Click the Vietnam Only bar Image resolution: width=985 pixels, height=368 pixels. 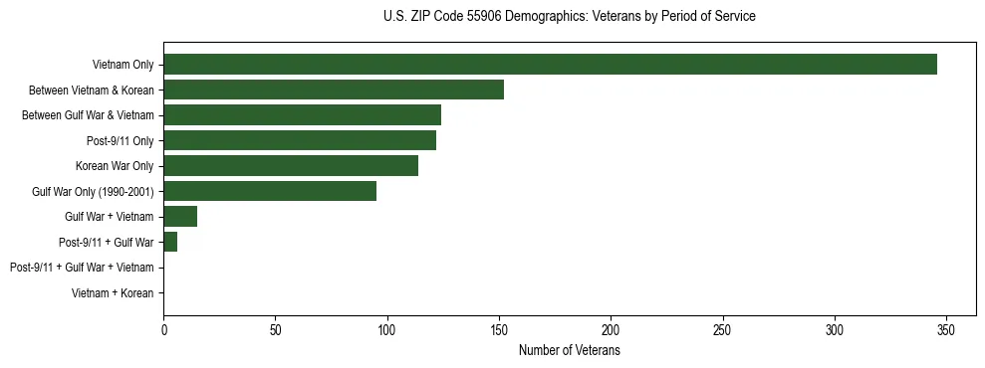pos(550,65)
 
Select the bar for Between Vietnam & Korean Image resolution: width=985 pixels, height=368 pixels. pos(334,90)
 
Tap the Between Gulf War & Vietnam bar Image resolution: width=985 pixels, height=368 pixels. pos(302,115)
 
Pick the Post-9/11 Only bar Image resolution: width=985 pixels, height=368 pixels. pos(300,140)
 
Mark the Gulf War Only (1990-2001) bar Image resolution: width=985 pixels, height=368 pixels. pos(270,191)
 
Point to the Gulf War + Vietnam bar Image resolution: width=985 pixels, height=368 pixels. pos(180,217)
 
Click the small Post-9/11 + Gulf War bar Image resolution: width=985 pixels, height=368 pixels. pos(170,242)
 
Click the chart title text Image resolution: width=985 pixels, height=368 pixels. pos(569,17)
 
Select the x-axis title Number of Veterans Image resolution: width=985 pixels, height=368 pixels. pos(569,350)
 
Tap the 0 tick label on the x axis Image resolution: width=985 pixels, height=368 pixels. pos(164,329)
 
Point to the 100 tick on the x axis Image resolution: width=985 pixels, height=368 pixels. pos(387,329)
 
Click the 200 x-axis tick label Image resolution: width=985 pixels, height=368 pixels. pos(611,329)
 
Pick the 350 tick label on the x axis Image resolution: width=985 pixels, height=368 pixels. pos(946,329)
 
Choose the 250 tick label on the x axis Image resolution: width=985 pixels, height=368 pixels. pos(723,329)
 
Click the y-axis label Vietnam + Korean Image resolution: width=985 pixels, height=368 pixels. pos(113,293)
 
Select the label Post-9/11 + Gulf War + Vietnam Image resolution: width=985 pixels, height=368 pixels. pos(82,268)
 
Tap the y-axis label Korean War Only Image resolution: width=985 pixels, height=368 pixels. pos(115,166)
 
